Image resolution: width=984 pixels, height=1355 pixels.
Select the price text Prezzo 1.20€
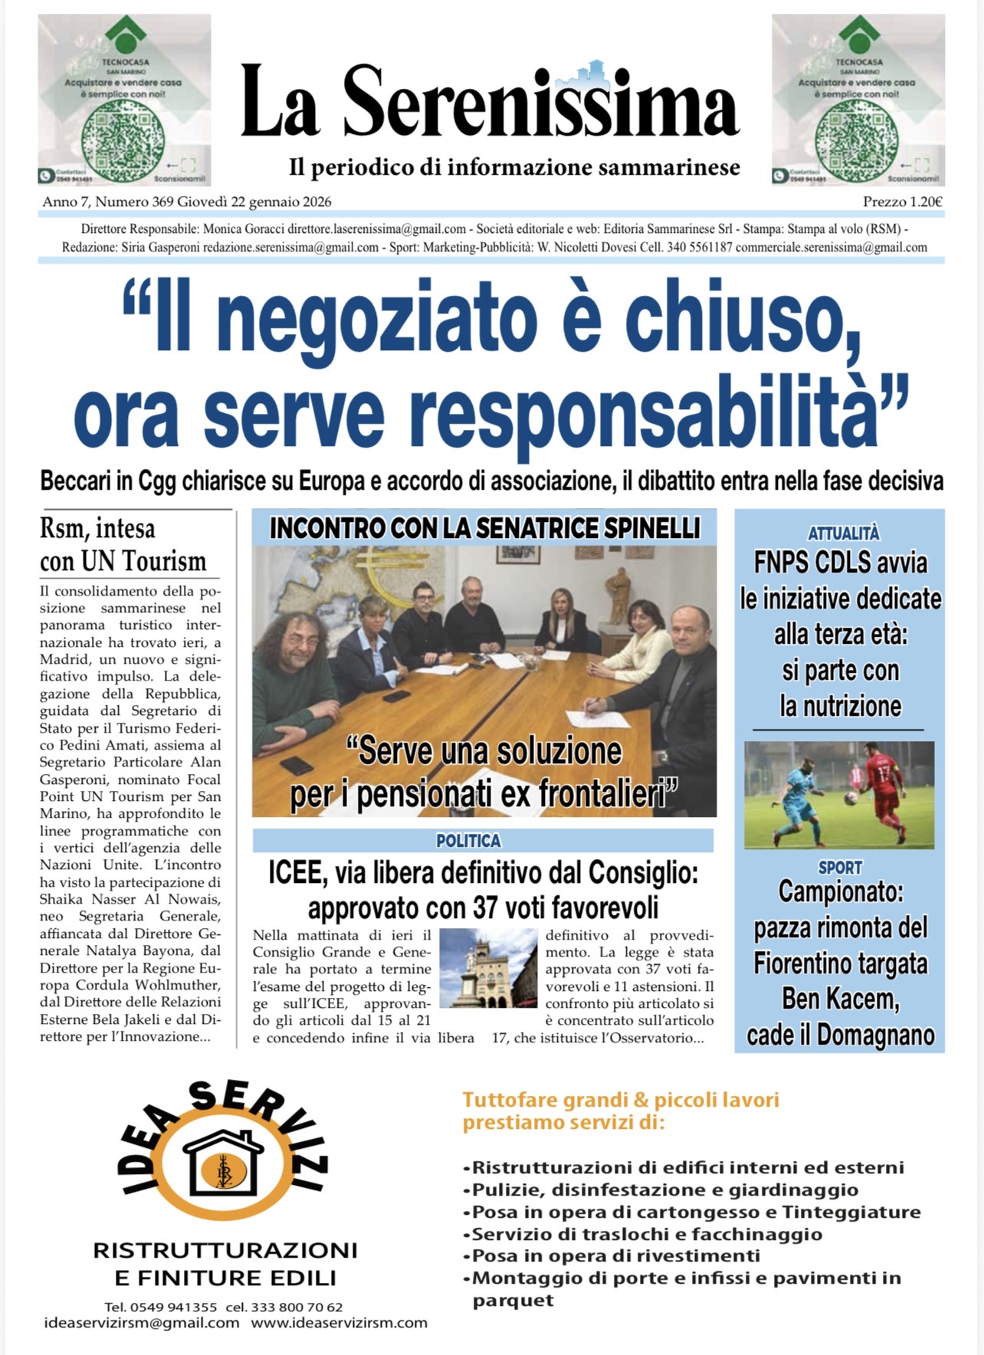[x=902, y=202]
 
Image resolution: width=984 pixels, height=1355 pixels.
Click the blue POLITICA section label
[x=468, y=841]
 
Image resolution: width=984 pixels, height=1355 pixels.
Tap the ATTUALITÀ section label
[x=843, y=533]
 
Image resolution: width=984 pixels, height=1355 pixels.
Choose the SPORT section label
[x=840, y=868]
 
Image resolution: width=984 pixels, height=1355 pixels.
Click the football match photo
[x=839, y=795]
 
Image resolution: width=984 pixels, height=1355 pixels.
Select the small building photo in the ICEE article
[x=488, y=968]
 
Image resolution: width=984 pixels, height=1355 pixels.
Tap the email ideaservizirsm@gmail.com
[x=142, y=1323]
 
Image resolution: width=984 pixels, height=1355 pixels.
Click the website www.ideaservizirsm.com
[x=339, y=1323]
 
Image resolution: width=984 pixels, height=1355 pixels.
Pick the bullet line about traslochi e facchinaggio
[x=646, y=1234]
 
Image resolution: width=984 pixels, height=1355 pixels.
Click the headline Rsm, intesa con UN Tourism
[x=123, y=545]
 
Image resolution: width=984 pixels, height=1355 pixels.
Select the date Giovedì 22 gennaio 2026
[x=254, y=202]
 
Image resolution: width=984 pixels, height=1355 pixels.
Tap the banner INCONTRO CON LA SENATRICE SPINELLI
[x=484, y=528]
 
